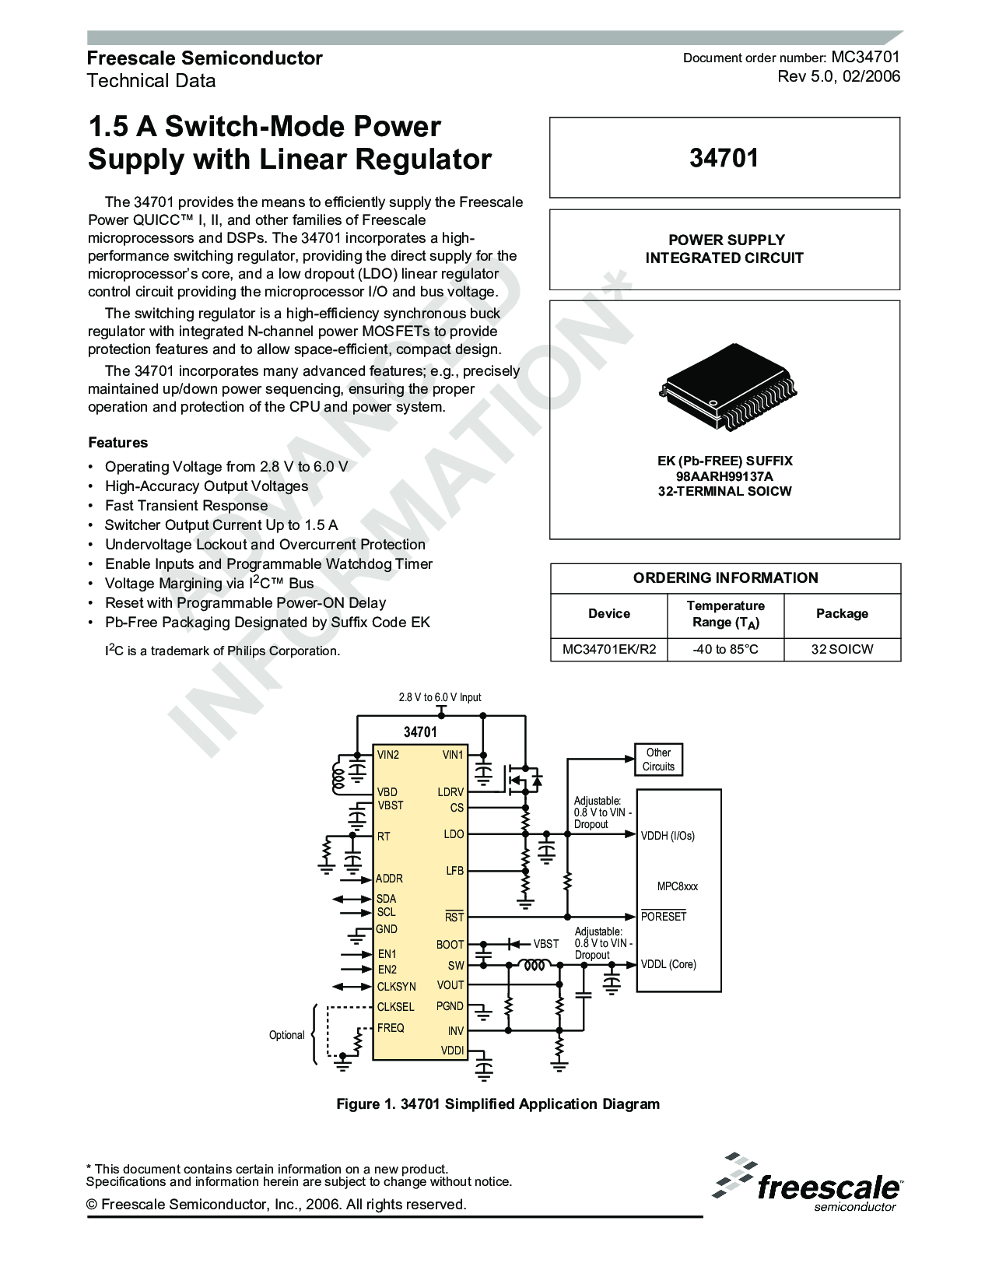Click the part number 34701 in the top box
(724, 158)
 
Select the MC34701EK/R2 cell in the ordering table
(608, 649)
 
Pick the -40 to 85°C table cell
(725, 649)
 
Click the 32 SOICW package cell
(842, 649)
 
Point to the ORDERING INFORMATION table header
(725, 577)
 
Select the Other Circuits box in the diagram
(658, 760)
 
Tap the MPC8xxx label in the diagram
(677, 886)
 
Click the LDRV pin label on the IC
(450, 792)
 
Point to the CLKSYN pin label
(396, 987)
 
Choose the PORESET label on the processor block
(664, 917)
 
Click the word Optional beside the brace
(286, 1035)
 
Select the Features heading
(117, 443)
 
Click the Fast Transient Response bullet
(186, 505)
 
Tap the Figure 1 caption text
(497, 1103)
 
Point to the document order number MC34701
(865, 57)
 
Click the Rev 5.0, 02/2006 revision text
(839, 76)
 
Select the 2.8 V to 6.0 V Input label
(440, 697)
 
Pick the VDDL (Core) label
(668, 964)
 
